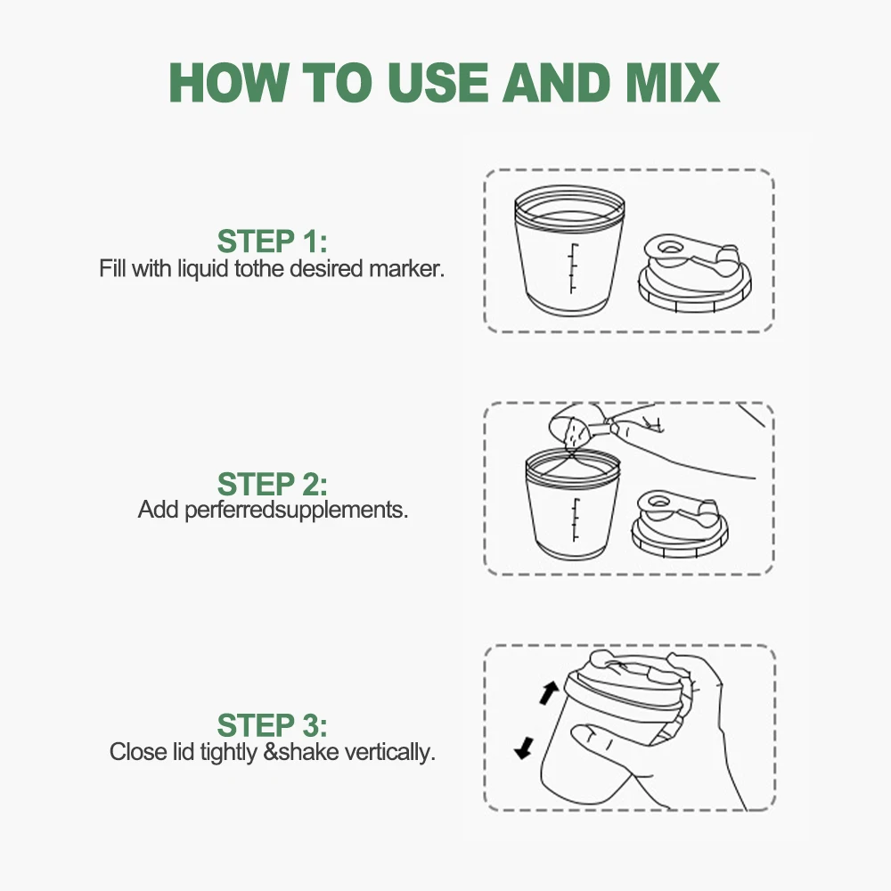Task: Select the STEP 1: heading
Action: pyautogui.click(x=272, y=241)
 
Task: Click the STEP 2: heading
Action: pyautogui.click(x=272, y=484)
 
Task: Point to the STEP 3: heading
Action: pyautogui.click(x=272, y=725)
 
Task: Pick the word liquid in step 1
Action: pyautogui.click(x=202, y=269)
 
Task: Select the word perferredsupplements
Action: pyautogui.click(x=296, y=511)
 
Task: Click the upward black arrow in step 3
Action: pyautogui.click(x=549, y=693)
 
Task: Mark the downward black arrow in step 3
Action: pyautogui.click(x=525, y=748)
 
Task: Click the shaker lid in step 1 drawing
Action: pyautogui.click(x=694, y=274)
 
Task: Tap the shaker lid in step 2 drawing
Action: pyautogui.click(x=680, y=523)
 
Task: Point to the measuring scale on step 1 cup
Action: pyautogui.click(x=573, y=269)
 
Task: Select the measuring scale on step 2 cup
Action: pyautogui.click(x=576, y=520)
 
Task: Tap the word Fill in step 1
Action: pyautogui.click(x=112, y=268)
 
